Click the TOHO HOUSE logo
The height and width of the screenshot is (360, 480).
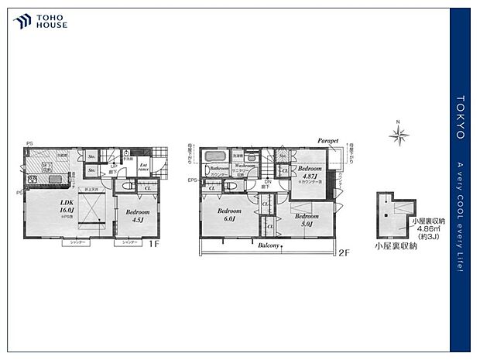click(39, 21)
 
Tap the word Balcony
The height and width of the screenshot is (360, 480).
click(269, 244)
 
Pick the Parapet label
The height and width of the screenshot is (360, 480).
click(328, 141)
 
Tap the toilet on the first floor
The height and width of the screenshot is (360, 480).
click(128, 187)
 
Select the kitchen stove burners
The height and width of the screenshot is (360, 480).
click(33, 181)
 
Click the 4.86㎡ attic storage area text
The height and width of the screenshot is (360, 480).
click(429, 229)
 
